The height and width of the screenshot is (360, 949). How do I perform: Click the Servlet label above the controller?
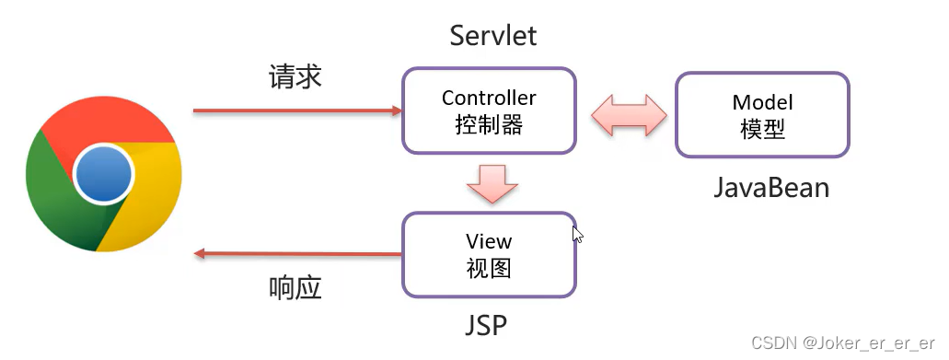point(492,36)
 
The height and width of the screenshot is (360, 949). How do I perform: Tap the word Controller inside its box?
point(489,98)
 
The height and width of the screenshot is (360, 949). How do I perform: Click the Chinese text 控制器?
point(489,125)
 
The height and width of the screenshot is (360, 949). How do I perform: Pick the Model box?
point(762,114)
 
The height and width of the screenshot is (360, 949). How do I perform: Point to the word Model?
point(762,102)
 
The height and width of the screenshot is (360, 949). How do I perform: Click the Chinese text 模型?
point(762,129)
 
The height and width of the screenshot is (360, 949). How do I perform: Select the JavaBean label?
point(771,188)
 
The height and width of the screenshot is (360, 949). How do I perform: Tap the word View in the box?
point(489,242)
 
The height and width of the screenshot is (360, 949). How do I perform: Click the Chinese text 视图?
point(489,269)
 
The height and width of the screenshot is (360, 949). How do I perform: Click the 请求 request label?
point(295,76)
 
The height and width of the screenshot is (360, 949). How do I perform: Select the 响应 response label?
point(295,288)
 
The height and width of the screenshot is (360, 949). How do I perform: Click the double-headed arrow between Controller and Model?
point(627,115)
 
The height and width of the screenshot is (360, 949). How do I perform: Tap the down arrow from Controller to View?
point(488,183)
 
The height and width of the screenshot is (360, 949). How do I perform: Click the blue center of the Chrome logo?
point(104,176)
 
